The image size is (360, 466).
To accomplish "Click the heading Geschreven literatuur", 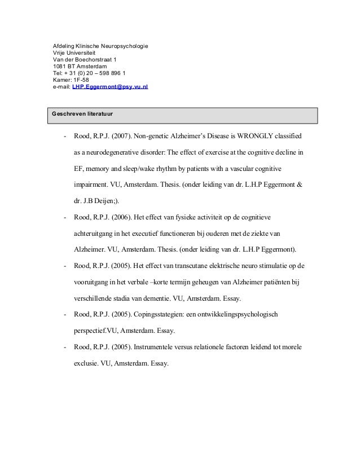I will pos(82,114).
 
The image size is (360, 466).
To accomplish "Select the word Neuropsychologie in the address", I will pos(123,44).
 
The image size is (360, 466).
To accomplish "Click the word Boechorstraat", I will pos(89,59).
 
